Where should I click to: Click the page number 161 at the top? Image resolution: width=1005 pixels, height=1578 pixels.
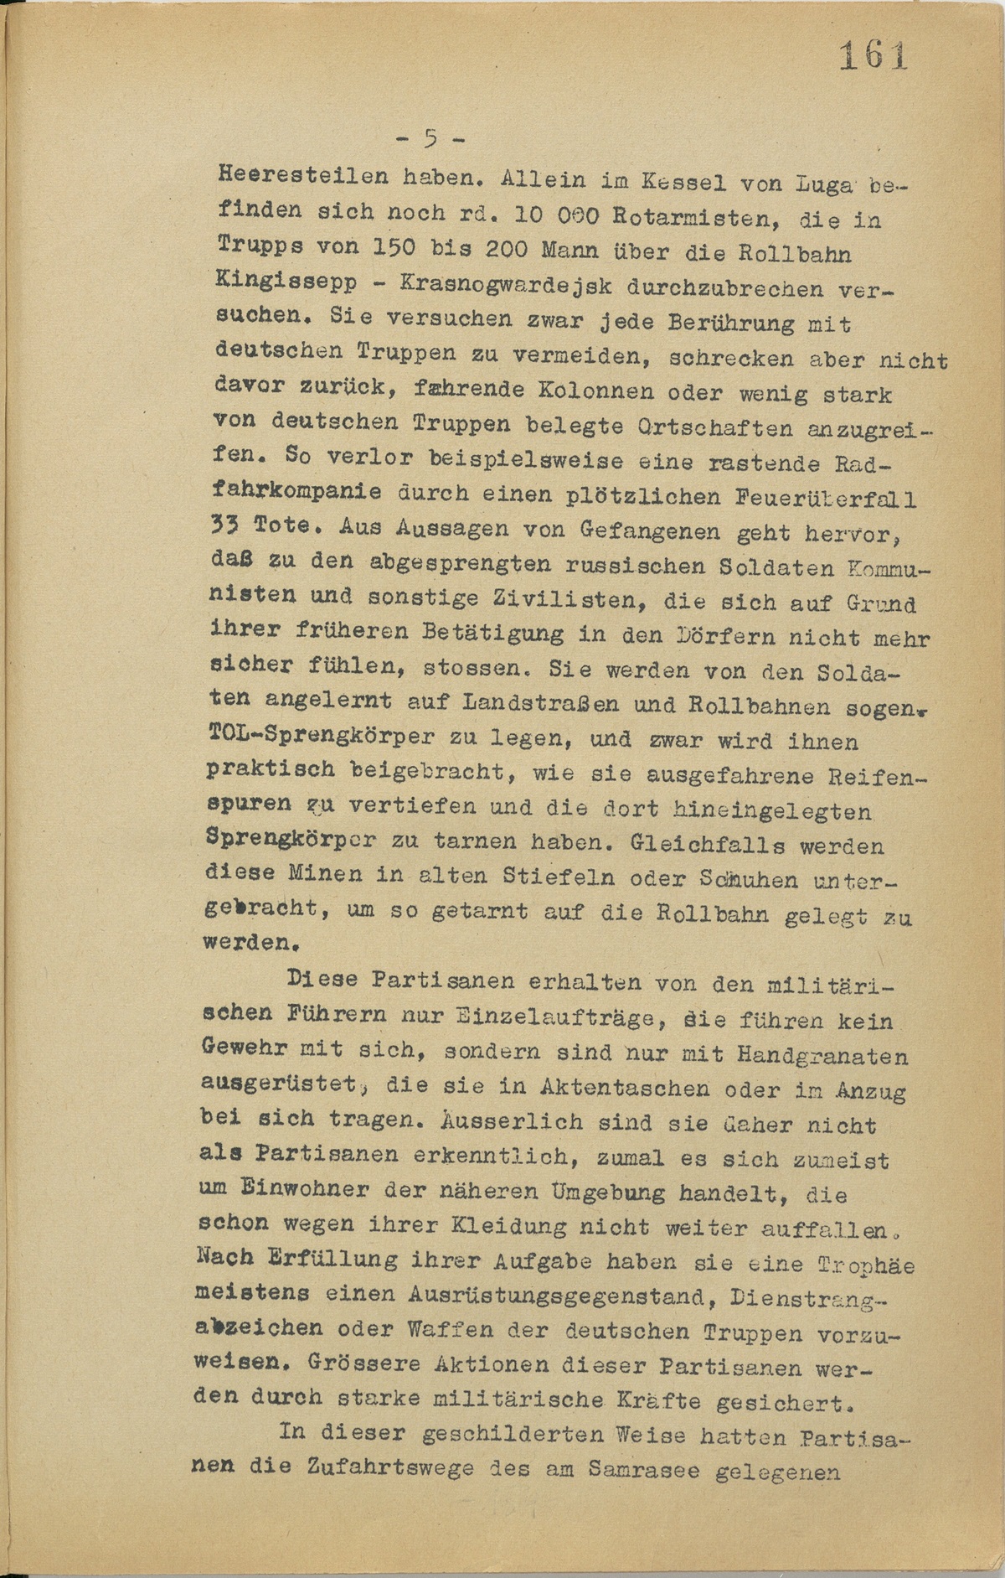click(873, 57)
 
